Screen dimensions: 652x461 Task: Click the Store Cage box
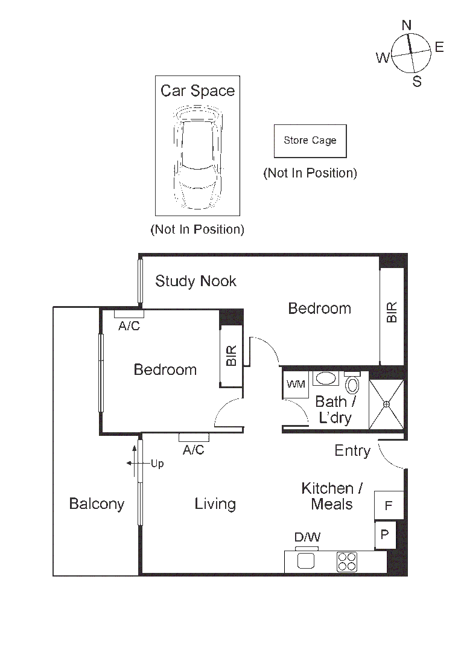point(310,141)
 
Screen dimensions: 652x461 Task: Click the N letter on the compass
point(407,25)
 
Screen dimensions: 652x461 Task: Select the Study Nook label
point(196,281)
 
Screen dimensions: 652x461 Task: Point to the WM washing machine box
point(296,384)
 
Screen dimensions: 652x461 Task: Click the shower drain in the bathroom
point(386,404)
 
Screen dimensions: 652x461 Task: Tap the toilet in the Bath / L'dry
point(352,385)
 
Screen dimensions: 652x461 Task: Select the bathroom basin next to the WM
point(326,379)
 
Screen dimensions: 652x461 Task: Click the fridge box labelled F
point(389,505)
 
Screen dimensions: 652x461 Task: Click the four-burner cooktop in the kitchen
point(348,561)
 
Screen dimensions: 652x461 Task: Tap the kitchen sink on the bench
point(307,560)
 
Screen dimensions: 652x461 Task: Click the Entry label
point(352,450)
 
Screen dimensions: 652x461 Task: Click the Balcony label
point(97,504)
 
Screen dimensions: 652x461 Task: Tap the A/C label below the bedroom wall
point(193,450)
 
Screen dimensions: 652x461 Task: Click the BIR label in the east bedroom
point(392,312)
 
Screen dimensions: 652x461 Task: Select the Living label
point(215,504)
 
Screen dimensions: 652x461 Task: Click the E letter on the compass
point(439,47)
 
